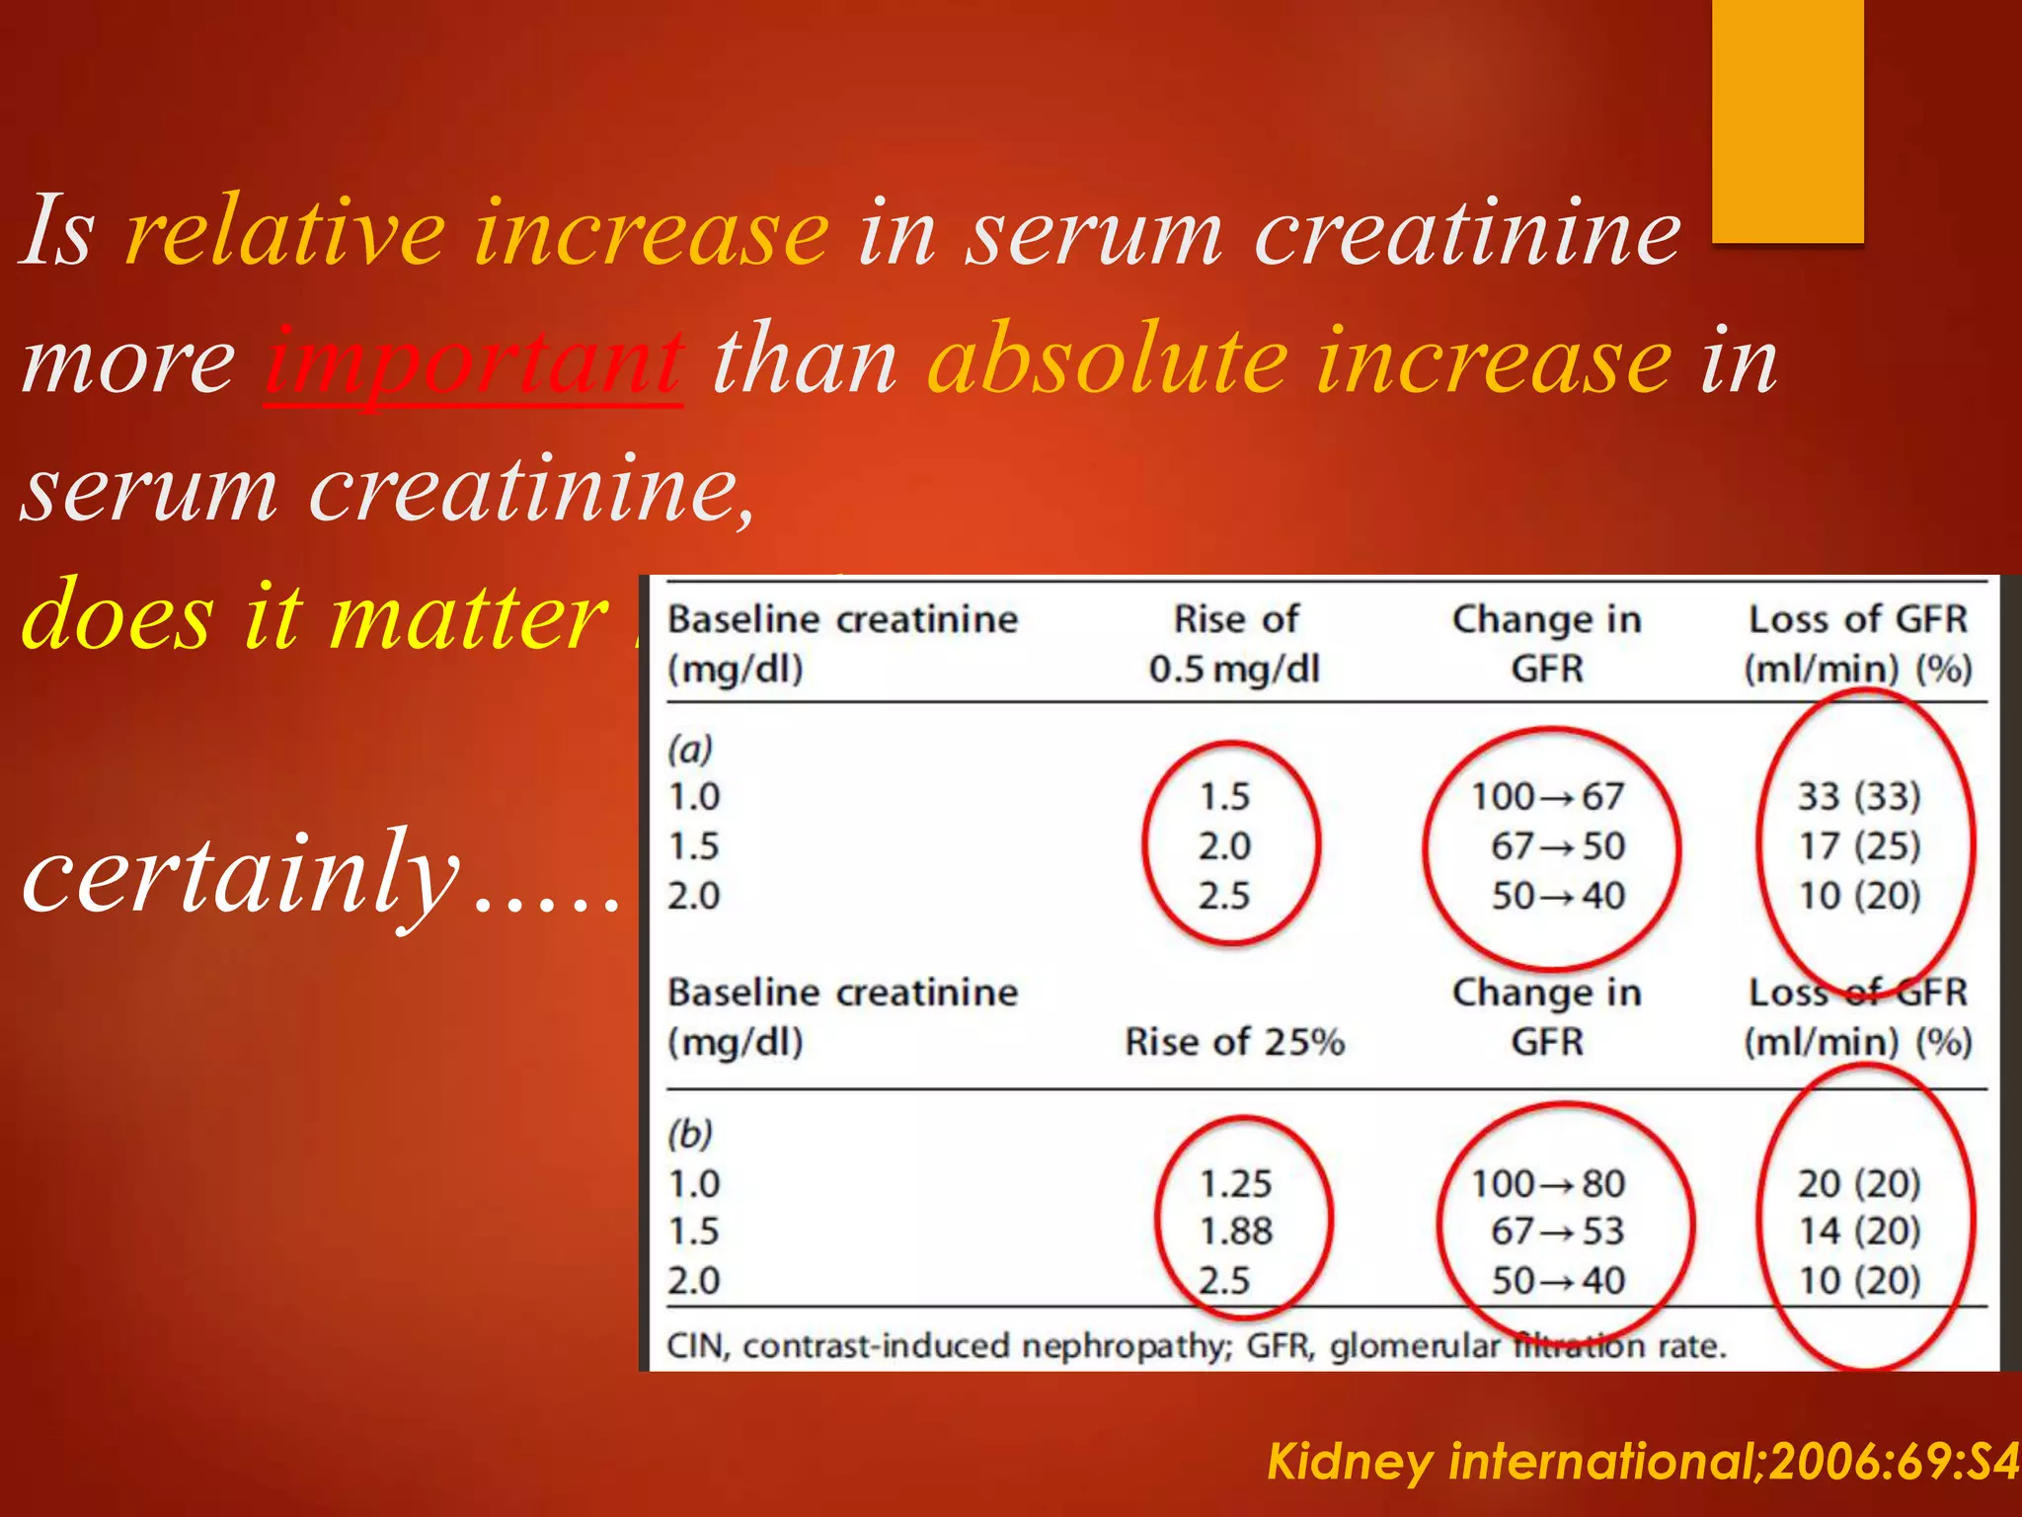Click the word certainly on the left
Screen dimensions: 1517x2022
(242, 874)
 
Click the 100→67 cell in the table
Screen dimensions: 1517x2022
(1547, 796)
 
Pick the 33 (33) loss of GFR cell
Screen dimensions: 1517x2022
(1858, 796)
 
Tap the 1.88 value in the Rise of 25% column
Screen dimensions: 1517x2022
(1235, 1232)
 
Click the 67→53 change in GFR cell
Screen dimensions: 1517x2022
(1557, 1232)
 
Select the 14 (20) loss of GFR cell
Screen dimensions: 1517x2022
(1858, 1232)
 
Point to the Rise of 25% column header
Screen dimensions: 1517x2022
(1234, 1042)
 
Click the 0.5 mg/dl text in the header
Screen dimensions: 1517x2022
(1234, 670)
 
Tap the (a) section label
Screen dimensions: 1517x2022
(690, 749)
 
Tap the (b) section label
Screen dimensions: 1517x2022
(690, 1134)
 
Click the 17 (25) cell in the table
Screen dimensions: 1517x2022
(1858, 846)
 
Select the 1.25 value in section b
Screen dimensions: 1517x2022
(1235, 1183)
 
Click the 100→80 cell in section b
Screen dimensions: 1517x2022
(1547, 1183)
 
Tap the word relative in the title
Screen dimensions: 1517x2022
(286, 233)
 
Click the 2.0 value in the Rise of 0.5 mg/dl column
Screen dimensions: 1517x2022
(1224, 846)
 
